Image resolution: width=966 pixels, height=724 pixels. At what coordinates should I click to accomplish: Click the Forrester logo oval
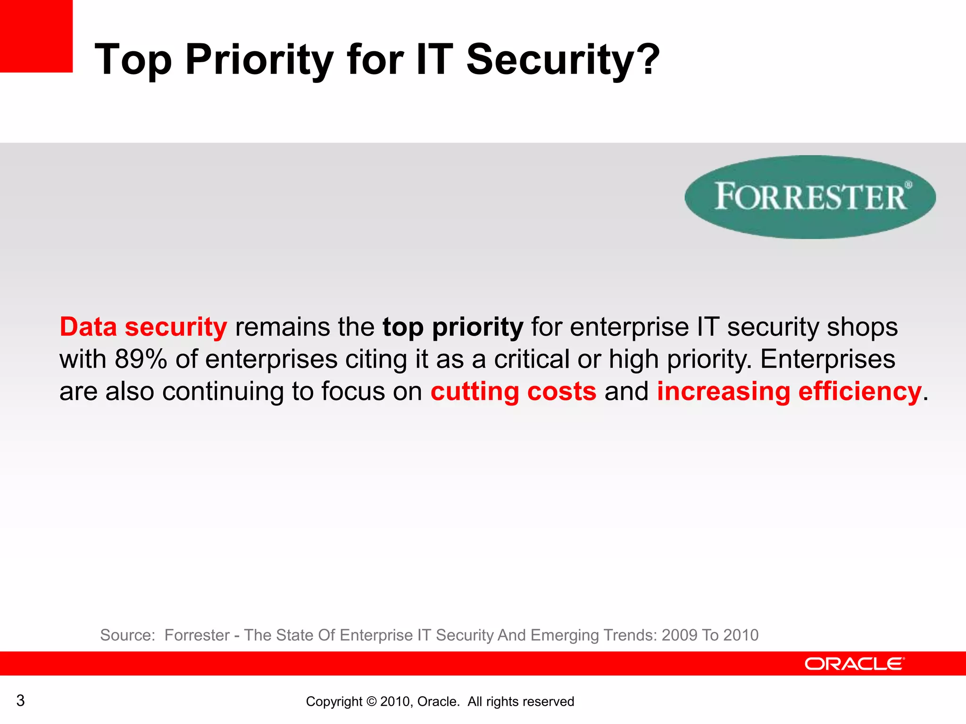(810, 197)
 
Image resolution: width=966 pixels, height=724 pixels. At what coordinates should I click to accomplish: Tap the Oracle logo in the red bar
(854, 664)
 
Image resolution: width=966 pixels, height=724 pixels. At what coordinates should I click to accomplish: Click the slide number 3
(20, 700)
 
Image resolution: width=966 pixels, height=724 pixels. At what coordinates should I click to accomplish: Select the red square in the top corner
(36, 36)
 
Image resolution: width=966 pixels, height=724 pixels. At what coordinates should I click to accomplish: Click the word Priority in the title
(259, 59)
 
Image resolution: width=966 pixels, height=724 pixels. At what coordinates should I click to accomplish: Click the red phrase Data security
(143, 327)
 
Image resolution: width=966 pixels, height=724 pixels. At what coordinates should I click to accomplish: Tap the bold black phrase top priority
(453, 327)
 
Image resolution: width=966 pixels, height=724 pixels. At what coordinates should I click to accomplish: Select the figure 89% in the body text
(141, 359)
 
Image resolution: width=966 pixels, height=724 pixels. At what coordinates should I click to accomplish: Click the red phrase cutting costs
(513, 391)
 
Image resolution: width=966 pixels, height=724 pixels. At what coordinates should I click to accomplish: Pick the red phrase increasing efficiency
(789, 391)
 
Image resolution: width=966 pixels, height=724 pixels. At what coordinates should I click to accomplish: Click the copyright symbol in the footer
(371, 702)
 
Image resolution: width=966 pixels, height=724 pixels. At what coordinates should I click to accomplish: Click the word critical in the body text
(532, 359)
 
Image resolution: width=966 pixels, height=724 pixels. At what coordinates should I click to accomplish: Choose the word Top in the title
(133, 59)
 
